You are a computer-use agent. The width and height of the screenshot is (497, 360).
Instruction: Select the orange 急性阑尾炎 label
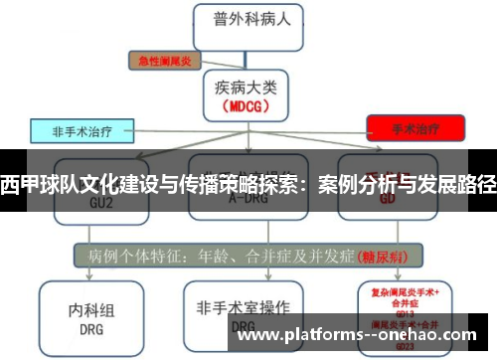(x=164, y=61)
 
